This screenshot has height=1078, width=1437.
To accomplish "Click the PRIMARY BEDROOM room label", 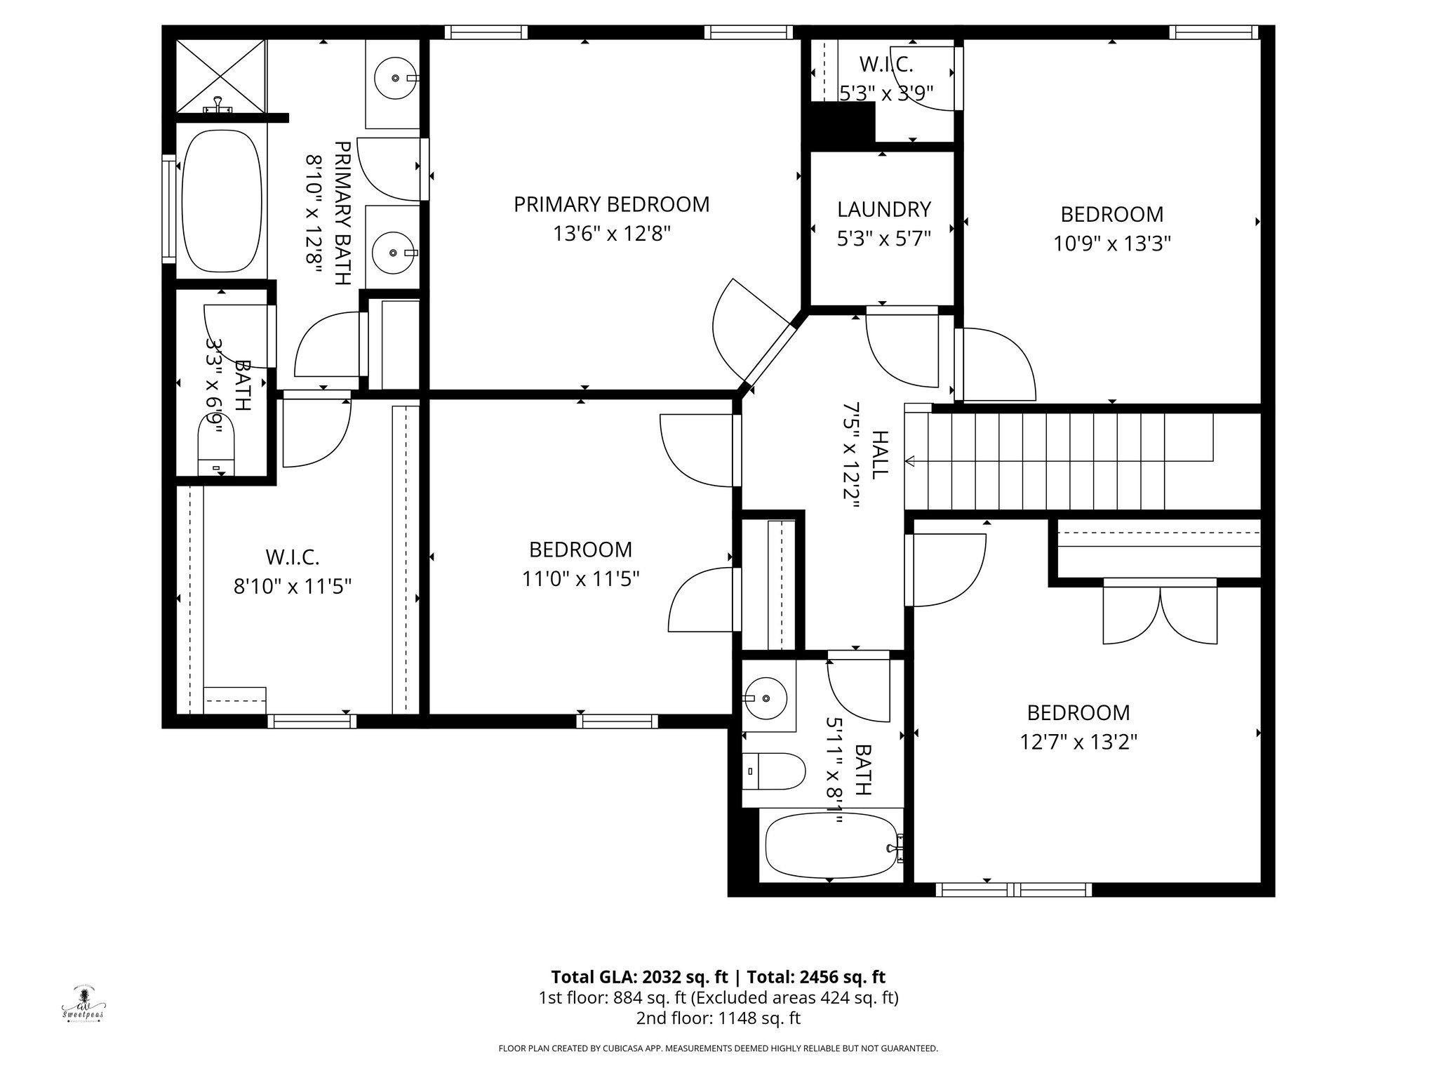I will (x=611, y=204).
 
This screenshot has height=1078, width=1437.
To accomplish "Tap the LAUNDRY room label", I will (x=883, y=209).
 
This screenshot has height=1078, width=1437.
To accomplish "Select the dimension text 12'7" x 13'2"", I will (x=1078, y=742).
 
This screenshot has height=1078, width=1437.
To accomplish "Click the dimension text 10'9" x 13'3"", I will (x=1111, y=244).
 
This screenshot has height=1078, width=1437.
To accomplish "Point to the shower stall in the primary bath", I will (x=221, y=76).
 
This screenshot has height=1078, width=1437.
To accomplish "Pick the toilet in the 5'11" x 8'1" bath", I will (x=774, y=771).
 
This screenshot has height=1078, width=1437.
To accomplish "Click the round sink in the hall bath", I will (x=766, y=698).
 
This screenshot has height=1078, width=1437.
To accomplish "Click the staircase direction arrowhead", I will (x=911, y=461).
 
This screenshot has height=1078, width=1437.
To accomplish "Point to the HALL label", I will (x=878, y=455).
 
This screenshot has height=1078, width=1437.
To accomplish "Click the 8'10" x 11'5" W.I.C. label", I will (x=292, y=557).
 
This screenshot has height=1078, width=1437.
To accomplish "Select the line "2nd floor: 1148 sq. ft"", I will (x=718, y=1018).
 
